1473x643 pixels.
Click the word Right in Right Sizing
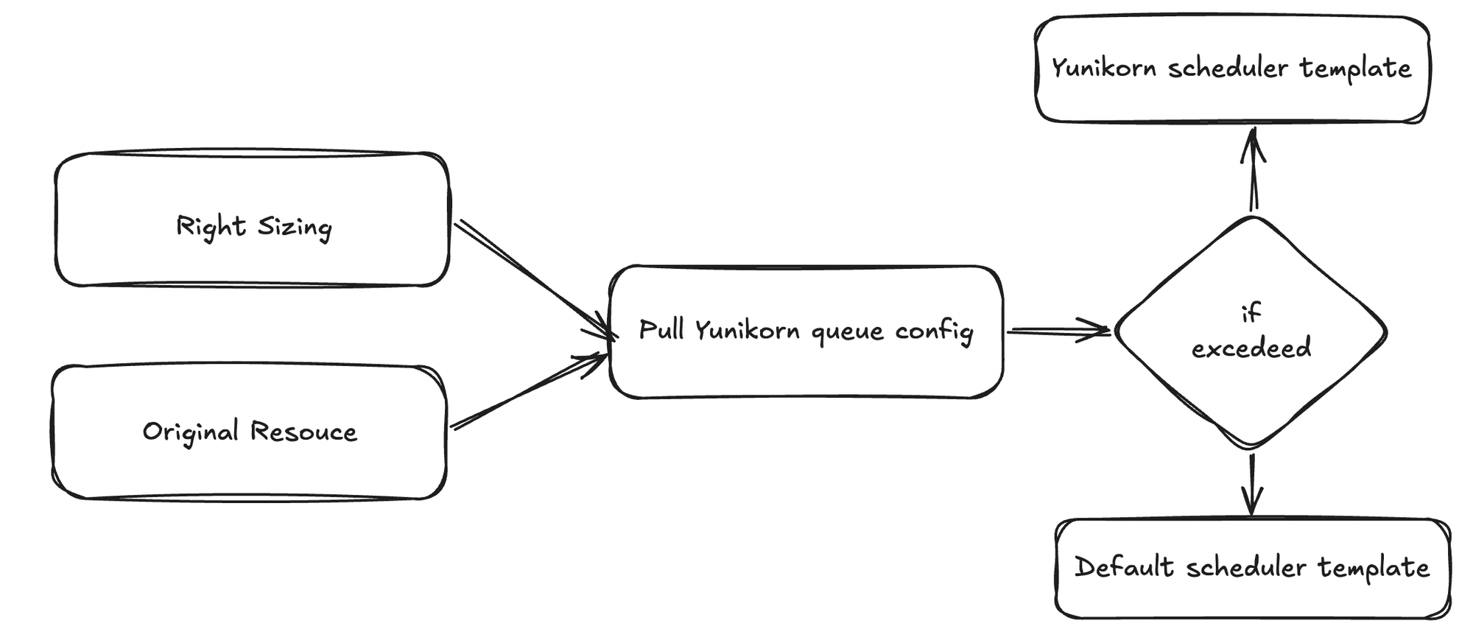(210, 226)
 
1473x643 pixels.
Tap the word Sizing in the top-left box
(295, 228)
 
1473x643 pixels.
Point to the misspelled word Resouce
(303, 432)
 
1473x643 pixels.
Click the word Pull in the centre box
(661, 329)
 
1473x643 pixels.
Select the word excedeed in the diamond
(1251, 348)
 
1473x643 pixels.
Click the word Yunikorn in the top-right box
(1103, 68)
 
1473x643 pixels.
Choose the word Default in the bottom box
(1124, 567)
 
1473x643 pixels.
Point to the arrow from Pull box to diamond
(1058, 331)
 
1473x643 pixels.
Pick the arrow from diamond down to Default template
(1251, 483)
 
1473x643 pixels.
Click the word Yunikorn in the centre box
(747, 331)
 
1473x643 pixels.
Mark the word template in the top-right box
(1355, 68)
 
